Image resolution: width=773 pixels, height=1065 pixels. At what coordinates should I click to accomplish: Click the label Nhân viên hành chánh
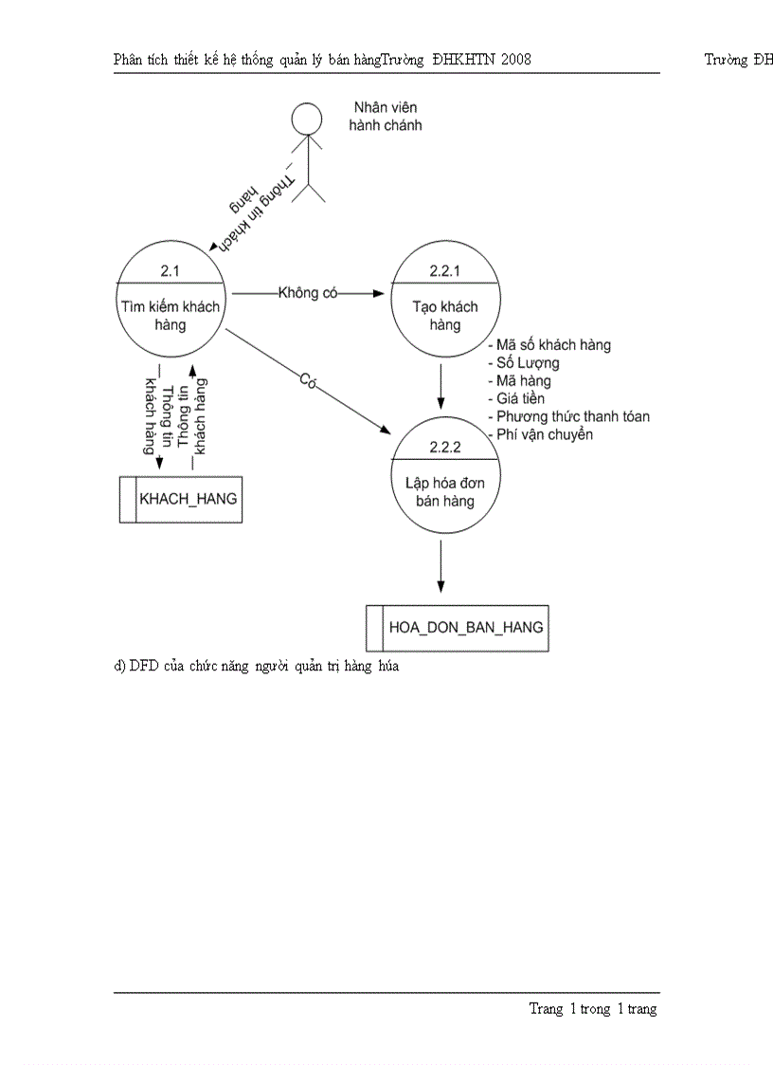pyautogui.click(x=385, y=116)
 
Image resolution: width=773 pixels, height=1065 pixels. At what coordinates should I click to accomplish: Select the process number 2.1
pyautogui.click(x=170, y=271)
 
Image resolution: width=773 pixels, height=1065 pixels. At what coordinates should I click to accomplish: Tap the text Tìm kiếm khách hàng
pyautogui.click(x=171, y=316)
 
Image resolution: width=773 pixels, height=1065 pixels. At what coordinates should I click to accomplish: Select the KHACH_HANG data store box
pyautogui.click(x=180, y=499)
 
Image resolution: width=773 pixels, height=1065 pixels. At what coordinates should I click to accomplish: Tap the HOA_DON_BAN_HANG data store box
pyautogui.click(x=458, y=627)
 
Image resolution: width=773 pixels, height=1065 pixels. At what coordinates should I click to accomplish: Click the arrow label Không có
pyautogui.click(x=308, y=293)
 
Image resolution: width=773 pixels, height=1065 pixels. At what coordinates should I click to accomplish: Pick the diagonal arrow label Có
pyautogui.click(x=307, y=381)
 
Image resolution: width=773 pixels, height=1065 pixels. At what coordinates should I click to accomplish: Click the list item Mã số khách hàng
pyautogui.click(x=549, y=345)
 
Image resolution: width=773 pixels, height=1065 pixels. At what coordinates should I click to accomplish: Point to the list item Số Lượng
pyautogui.click(x=524, y=362)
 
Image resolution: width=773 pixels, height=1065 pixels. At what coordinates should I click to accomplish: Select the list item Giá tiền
pyautogui.click(x=517, y=398)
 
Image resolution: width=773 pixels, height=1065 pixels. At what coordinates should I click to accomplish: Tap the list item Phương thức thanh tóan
pyautogui.click(x=569, y=416)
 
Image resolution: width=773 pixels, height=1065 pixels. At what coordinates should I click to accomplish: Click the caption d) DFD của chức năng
pyautogui.click(x=257, y=666)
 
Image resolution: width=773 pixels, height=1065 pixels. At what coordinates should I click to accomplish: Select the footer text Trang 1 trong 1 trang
pyautogui.click(x=592, y=1009)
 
